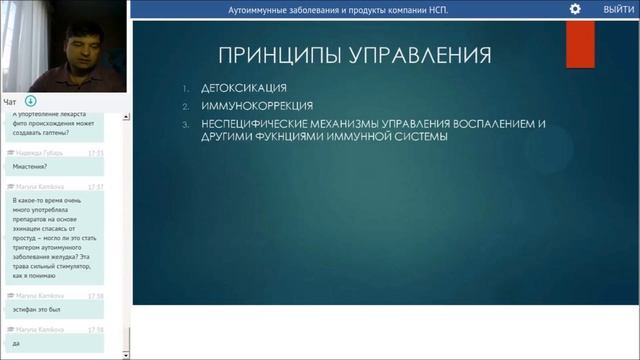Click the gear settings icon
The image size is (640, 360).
point(575,9)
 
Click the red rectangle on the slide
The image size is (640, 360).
point(581,44)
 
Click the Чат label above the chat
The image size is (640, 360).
point(9,101)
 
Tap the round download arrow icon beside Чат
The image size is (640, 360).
point(31,101)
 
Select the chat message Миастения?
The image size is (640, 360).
point(30,167)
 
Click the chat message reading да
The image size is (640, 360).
point(16,342)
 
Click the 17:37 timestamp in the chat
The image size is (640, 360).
point(96,186)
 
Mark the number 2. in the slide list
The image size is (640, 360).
point(186,105)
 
